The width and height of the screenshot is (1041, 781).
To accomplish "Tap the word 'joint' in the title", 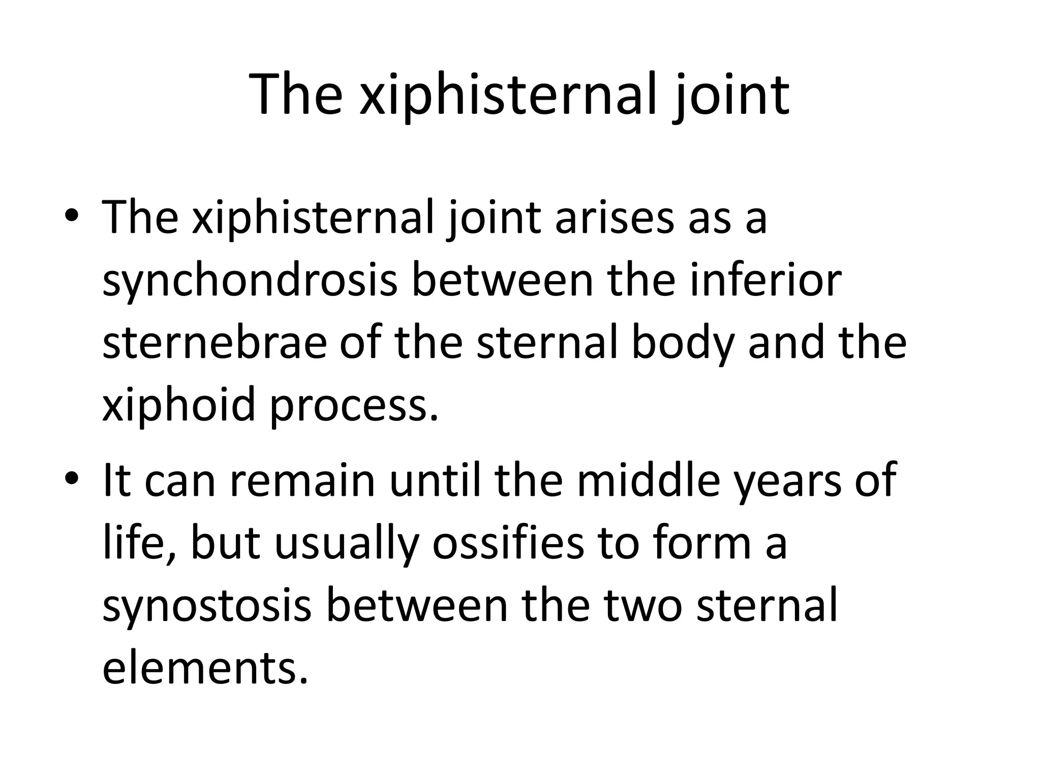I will (x=731, y=95).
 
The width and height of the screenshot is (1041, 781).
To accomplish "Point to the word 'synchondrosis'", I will (x=250, y=281).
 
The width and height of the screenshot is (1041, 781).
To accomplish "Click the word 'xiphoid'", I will (x=178, y=405).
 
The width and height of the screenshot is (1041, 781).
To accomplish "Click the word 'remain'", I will (x=302, y=480).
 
